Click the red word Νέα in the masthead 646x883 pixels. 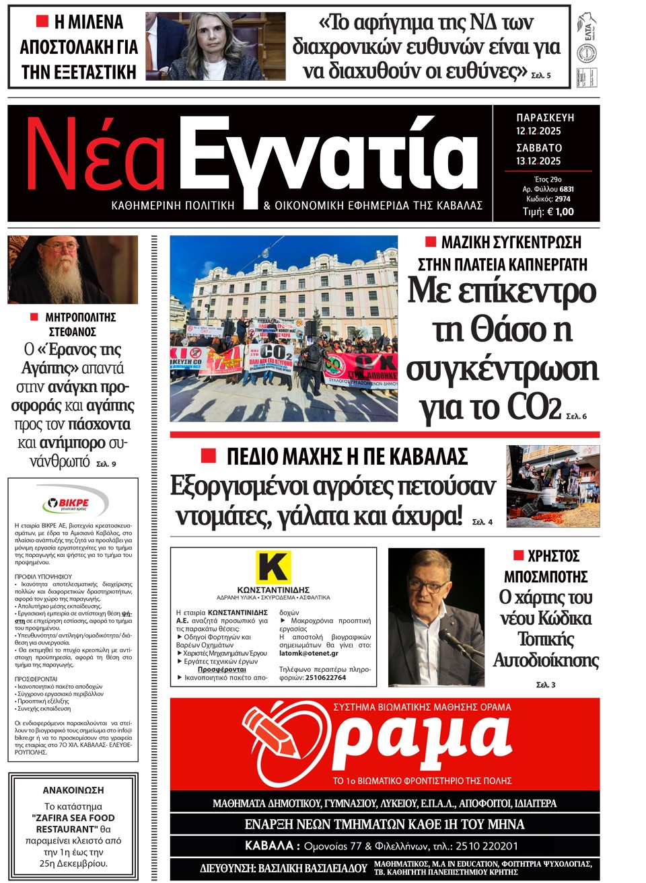(96, 156)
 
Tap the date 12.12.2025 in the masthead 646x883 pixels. (538, 131)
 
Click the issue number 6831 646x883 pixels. (567, 189)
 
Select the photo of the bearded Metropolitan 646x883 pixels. (73, 270)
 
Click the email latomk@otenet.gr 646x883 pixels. (309, 653)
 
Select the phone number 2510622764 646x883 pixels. (325, 677)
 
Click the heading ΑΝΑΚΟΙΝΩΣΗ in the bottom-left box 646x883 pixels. (73, 790)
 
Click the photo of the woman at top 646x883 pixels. (215, 46)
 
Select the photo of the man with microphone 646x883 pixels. (436, 617)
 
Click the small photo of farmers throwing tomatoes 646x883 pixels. (552, 486)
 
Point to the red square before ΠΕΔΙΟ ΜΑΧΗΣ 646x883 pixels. (209, 457)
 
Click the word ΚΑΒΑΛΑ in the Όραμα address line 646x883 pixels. (268, 845)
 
